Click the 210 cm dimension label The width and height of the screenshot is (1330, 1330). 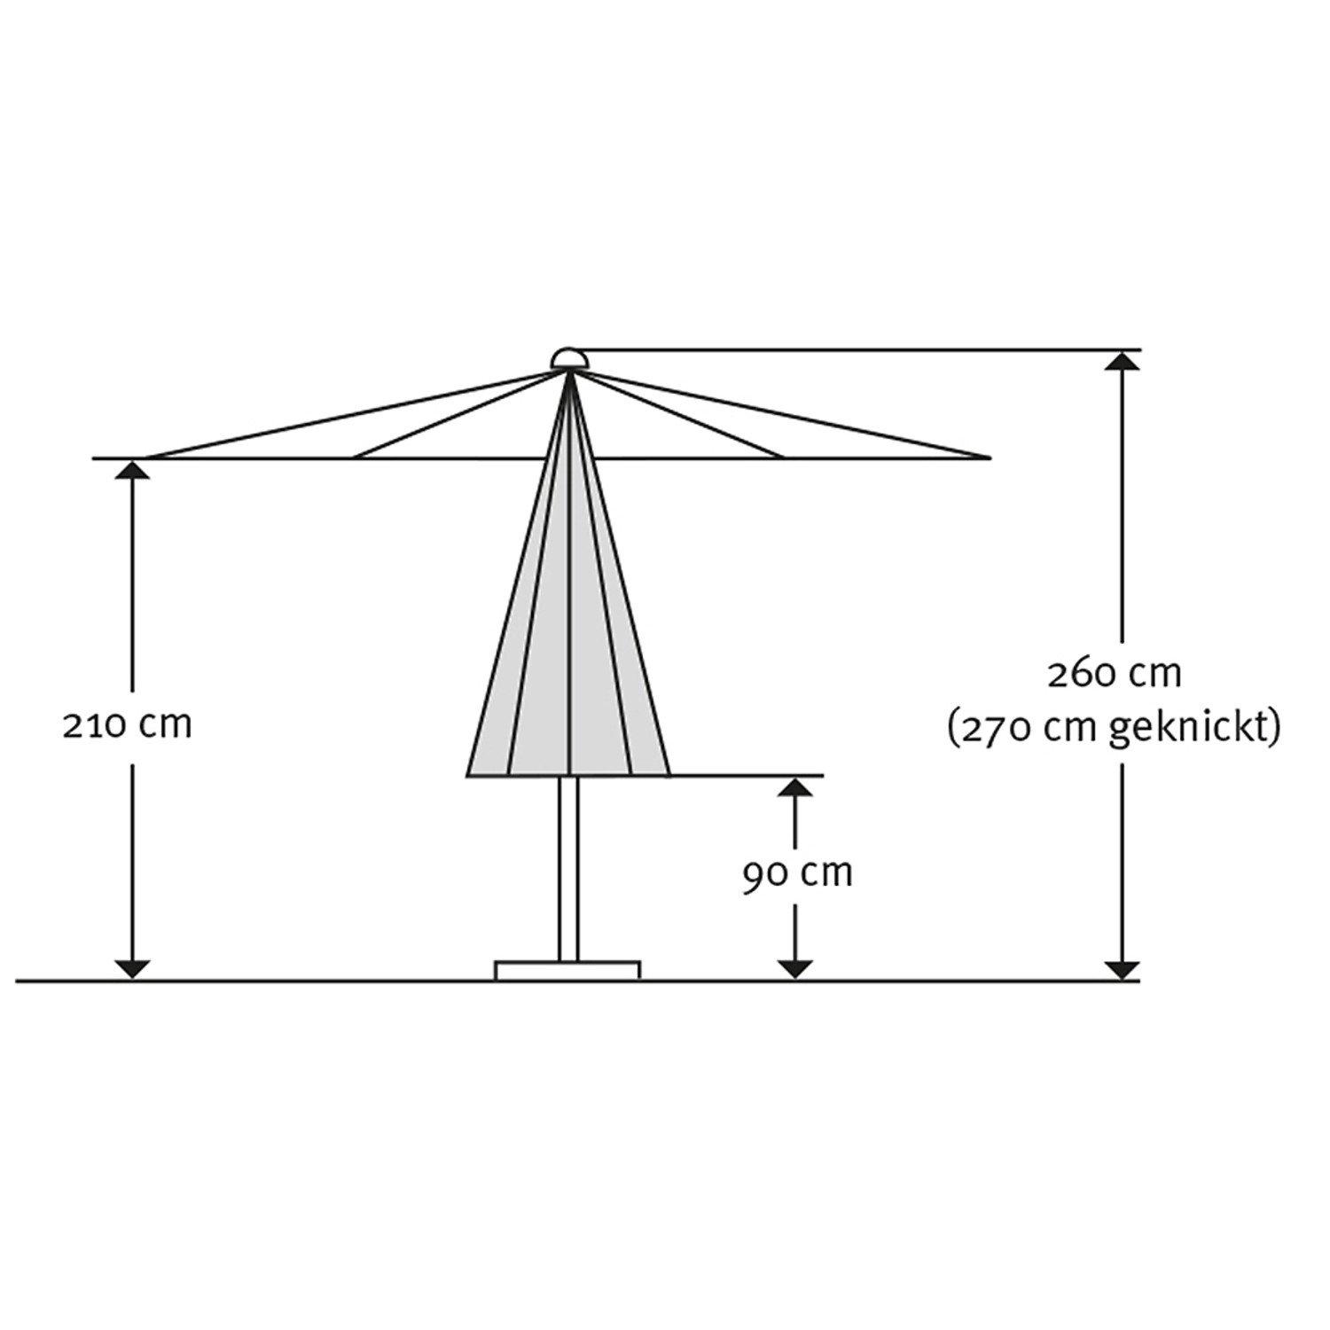(127, 726)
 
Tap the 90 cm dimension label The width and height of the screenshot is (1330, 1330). (797, 874)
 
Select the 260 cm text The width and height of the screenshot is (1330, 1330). (1114, 675)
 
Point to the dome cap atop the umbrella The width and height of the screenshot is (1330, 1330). (568, 359)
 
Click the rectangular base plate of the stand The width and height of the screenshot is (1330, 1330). (567, 970)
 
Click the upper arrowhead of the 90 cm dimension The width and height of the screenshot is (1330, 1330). (795, 788)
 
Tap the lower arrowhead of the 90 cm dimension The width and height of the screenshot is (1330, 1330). (795, 969)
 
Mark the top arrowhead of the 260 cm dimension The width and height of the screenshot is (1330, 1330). (1123, 361)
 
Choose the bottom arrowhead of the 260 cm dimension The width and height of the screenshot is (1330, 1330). (1123, 969)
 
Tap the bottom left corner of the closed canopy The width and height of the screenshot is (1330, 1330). (468, 775)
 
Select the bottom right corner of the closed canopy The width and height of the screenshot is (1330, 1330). (669, 775)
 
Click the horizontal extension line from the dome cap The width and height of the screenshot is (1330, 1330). (851, 349)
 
